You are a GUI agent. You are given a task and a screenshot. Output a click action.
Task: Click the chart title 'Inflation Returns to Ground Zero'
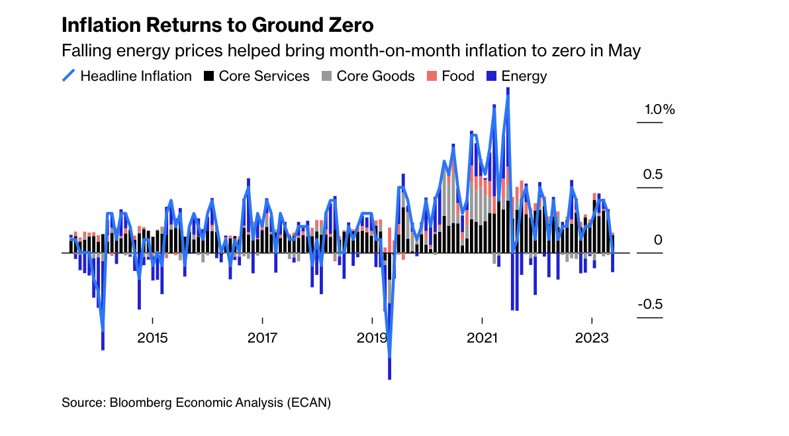(217, 25)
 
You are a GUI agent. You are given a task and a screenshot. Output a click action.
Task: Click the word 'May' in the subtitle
(624, 50)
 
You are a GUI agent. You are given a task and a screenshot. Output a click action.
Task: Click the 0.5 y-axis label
(653, 175)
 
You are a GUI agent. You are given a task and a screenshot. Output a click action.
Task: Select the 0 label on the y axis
(658, 240)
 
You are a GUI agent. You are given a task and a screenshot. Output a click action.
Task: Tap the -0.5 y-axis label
(650, 305)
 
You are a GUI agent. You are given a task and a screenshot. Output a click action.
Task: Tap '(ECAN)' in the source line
(308, 402)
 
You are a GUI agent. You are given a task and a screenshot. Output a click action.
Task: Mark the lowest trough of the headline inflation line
(389, 358)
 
